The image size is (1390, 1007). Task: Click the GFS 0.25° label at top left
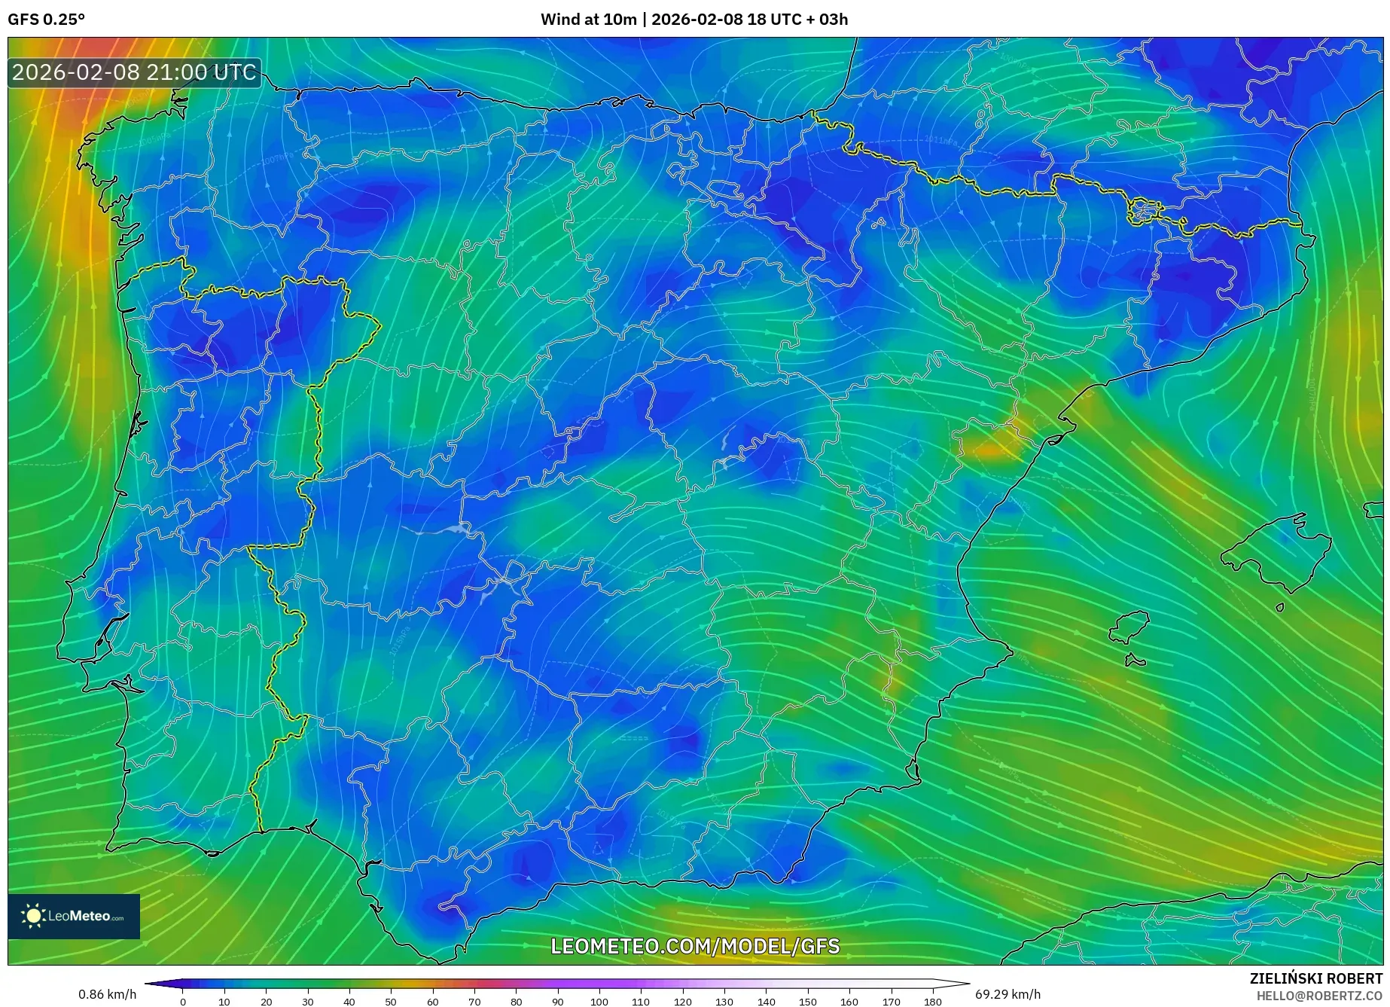(46, 20)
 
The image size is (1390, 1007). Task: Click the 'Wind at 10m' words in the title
(588, 20)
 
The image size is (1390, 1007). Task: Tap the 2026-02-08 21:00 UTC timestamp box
(134, 73)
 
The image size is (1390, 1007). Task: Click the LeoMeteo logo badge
(74, 916)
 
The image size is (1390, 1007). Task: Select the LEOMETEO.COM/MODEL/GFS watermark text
(695, 946)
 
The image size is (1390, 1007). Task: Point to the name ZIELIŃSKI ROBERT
(1316, 978)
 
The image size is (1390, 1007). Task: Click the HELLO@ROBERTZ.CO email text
(1319, 996)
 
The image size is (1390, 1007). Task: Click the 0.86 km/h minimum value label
(107, 994)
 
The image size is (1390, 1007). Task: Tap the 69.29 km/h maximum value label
(1007, 994)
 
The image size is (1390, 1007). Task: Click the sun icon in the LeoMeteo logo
(34, 916)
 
